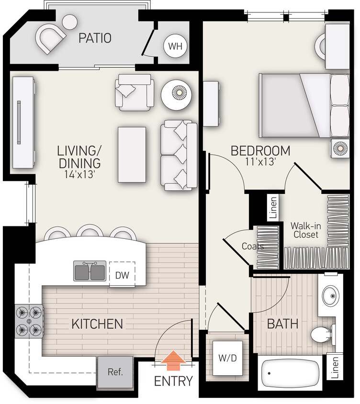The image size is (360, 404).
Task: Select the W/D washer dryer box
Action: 224,358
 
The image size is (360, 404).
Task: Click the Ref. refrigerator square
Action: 115,372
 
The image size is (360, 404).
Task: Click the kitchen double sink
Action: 90,270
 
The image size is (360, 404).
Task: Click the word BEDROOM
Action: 260,151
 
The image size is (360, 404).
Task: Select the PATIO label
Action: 95,38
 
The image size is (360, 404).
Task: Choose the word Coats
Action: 253,247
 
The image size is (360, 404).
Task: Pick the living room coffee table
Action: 132,154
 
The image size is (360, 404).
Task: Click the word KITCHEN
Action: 97,324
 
